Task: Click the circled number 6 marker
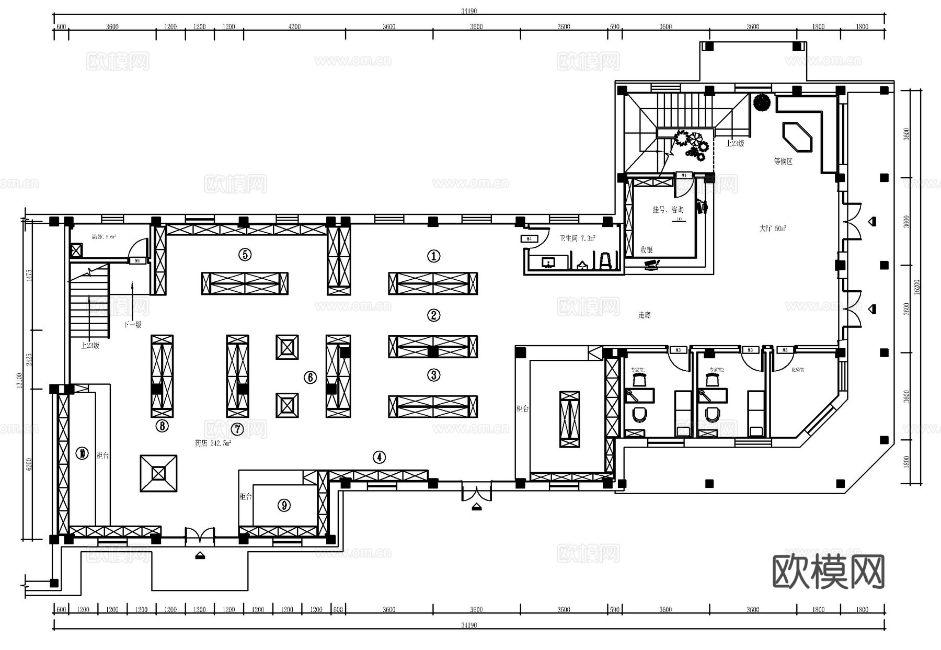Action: click(x=311, y=377)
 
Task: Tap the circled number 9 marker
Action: click(x=284, y=505)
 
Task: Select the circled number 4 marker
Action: click(x=379, y=457)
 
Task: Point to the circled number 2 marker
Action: click(x=433, y=315)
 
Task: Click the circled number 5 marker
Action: click(x=245, y=255)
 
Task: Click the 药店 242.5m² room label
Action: click(x=213, y=443)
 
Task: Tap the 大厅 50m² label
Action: click(x=772, y=229)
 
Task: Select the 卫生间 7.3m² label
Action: click(x=577, y=238)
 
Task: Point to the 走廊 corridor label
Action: click(x=644, y=315)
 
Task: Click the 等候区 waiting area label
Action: click(x=783, y=161)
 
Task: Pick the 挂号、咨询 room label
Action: click(x=668, y=209)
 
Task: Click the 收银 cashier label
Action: click(x=646, y=249)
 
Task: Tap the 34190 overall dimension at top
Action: click(x=469, y=11)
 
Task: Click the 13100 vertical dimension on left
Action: click(x=19, y=380)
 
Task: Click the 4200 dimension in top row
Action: click(x=294, y=27)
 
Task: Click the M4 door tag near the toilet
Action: click(x=529, y=239)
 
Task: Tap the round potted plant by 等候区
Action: click(x=762, y=101)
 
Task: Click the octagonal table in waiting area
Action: click(x=797, y=137)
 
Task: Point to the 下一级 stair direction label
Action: click(x=133, y=324)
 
